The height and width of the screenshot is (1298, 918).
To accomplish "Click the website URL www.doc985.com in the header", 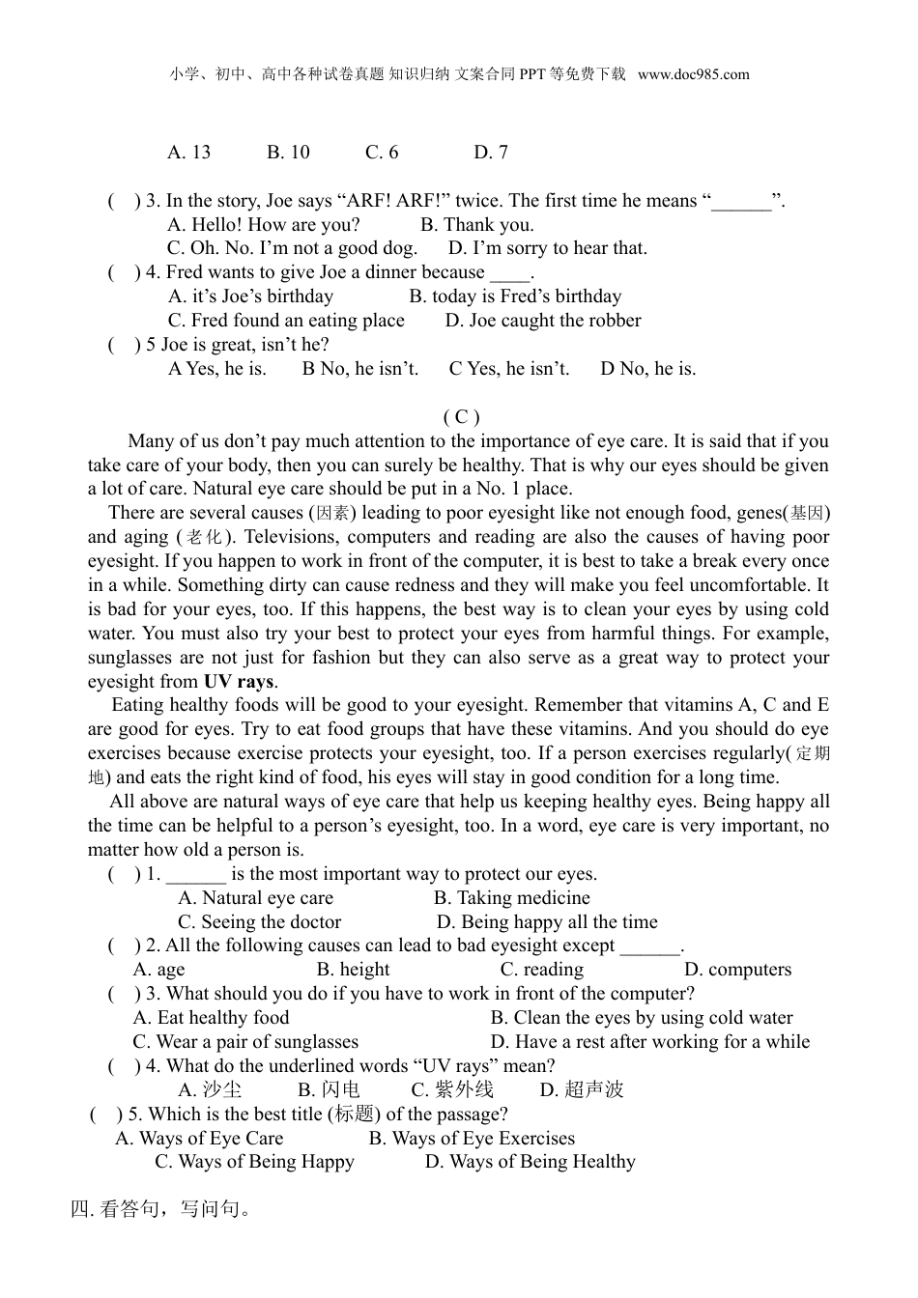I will coord(693,74).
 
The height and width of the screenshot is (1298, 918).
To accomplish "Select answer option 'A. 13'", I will coord(188,153).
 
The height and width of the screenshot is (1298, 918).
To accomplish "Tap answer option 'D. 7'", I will coord(491,153).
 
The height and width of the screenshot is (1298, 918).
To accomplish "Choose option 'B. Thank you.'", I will coord(476,225).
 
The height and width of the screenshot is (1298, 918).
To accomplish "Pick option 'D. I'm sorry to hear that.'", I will coord(548,248).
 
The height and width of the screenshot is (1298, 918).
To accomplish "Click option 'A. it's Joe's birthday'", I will coord(250,296).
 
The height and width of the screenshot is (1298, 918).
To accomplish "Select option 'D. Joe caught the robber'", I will coord(543,321).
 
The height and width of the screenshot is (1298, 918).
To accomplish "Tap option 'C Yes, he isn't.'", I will coord(509,369).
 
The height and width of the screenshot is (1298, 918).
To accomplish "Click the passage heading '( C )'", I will coord(461,417).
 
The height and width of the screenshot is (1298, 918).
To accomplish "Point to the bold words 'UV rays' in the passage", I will coord(239,682).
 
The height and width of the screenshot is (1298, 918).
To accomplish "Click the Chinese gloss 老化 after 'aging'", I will coord(204,538).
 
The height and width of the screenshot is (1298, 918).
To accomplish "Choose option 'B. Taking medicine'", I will coord(511,898).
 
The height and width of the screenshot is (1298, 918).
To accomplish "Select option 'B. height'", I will coord(353,970).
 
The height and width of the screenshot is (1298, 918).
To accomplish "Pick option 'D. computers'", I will coord(737,970).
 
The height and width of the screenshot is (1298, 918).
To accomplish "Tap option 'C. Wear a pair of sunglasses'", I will coord(245,1042).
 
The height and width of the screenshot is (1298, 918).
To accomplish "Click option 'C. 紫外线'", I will coord(452,1090).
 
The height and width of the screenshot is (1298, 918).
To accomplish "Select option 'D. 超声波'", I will coord(582,1090).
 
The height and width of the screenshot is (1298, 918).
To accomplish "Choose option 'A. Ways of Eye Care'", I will coord(199,1139).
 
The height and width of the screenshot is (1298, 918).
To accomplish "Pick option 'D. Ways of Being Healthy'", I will coord(530,1162).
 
